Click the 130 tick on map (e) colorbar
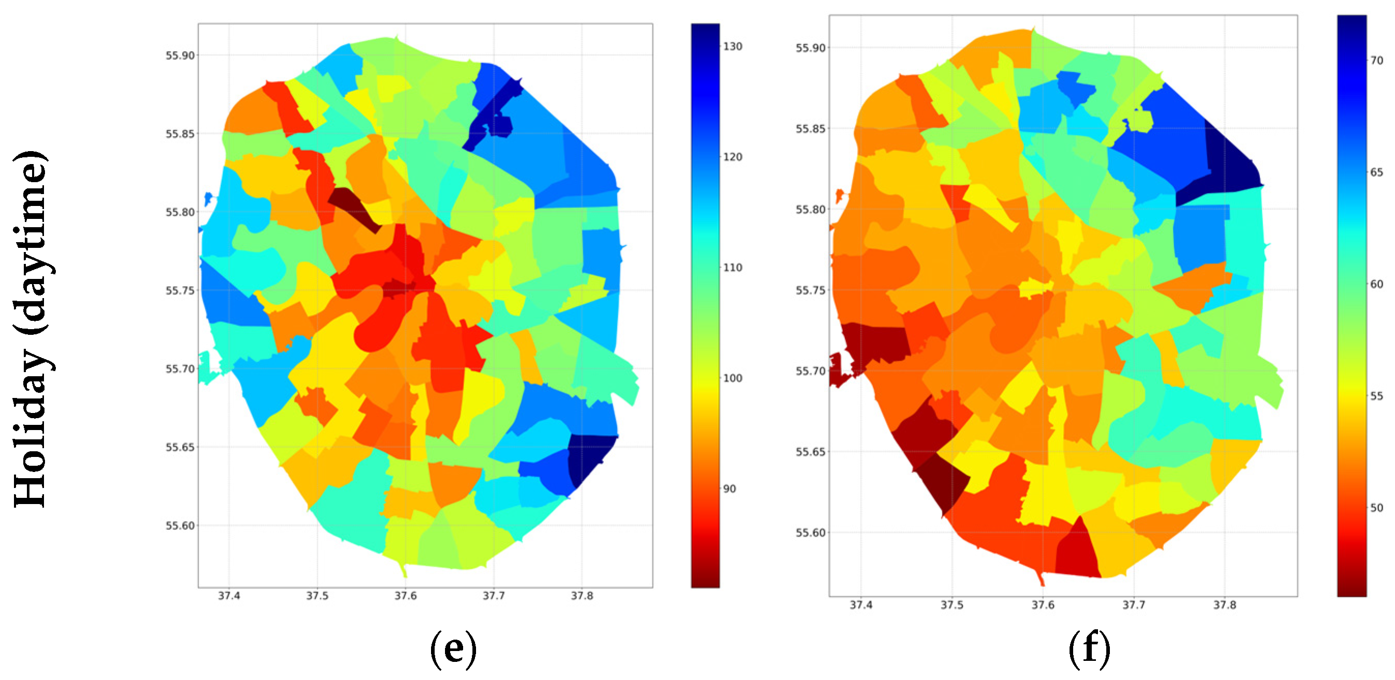point(733,47)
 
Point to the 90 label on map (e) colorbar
point(730,489)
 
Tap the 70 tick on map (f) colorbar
point(1376,61)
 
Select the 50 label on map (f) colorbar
point(1376,508)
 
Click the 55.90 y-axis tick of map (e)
point(180,55)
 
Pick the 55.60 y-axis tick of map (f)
point(811,533)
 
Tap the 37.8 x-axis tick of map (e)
point(582,596)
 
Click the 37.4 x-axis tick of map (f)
point(861,605)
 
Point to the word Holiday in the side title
point(32,427)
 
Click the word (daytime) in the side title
point(32,244)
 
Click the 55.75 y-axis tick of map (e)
point(180,291)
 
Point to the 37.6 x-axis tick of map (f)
point(1043,605)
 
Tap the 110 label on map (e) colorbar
point(733,268)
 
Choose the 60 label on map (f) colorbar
point(1376,284)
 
